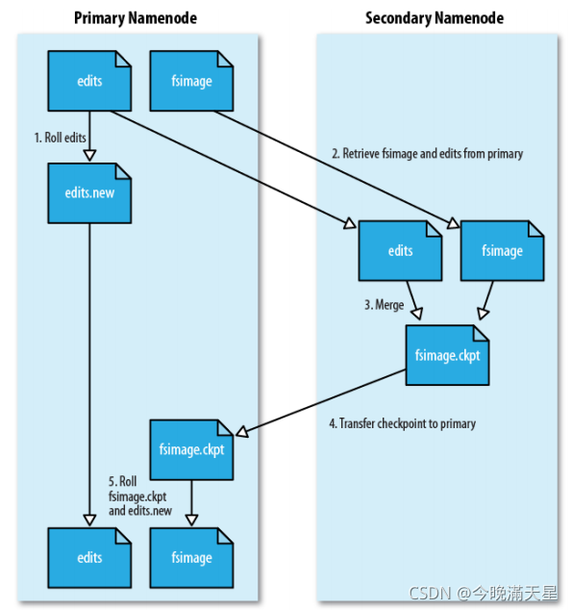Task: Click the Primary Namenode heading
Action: pyautogui.click(x=136, y=18)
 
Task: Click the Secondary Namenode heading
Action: pyautogui.click(x=435, y=18)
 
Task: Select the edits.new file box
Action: pyautogui.click(x=89, y=193)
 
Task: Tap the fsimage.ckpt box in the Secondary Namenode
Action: pyautogui.click(x=447, y=355)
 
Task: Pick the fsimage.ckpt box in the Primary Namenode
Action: pyautogui.click(x=191, y=449)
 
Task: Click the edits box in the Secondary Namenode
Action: pyautogui.click(x=400, y=251)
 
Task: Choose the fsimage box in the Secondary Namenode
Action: pyautogui.click(x=502, y=251)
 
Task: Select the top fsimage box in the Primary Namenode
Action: pyautogui.click(x=191, y=81)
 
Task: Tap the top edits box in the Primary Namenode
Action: pyautogui.click(x=89, y=81)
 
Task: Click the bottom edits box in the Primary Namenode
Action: pyautogui.click(x=89, y=558)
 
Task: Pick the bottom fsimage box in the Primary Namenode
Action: pyautogui.click(x=191, y=558)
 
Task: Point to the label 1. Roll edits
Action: pyautogui.click(x=61, y=138)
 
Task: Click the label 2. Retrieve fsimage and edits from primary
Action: pyautogui.click(x=428, y=154)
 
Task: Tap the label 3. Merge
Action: pyautogui.click(x=384, y=305)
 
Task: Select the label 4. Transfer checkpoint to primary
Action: pyautogui.click(x=402, y=423)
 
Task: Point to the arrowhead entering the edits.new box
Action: pyautogui.click(x=89, y=156)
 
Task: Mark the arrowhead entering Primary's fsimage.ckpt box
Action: pyautogui.click(x=242, y=431)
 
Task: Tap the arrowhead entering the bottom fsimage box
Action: pyautogui.click(x=191, y=521)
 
